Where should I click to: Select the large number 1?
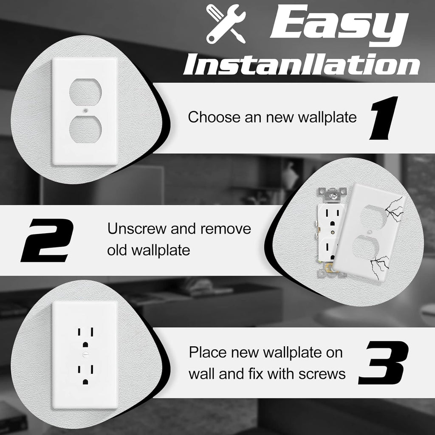click(384, 118)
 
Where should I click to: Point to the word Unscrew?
click(137, 229)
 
